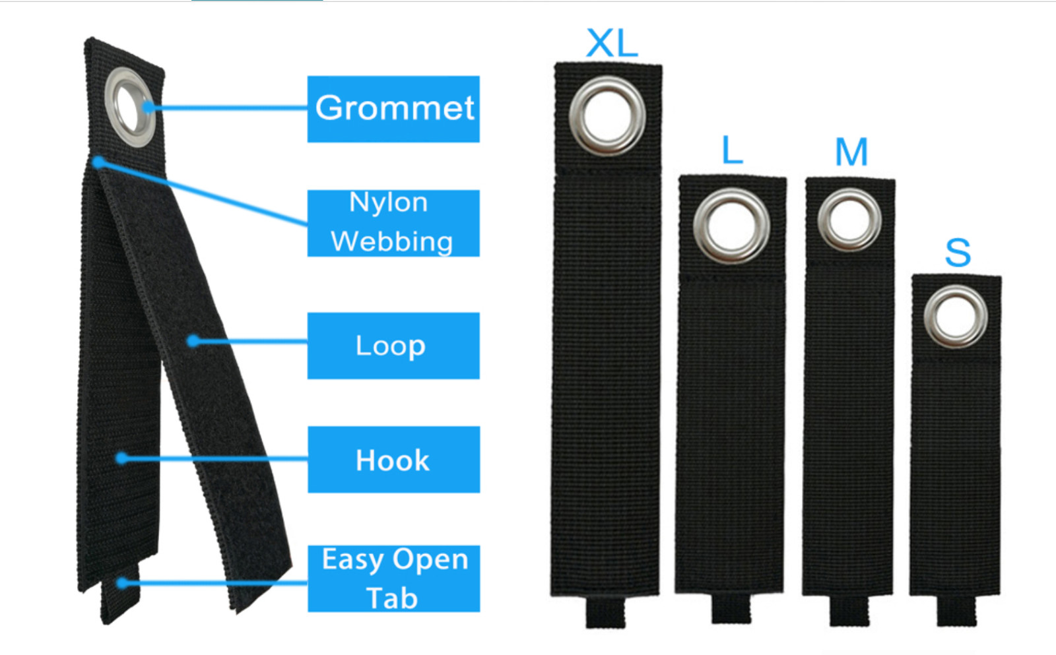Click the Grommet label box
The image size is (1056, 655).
click(x=393, y=109)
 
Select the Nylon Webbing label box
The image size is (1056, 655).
click(x=393, y=223)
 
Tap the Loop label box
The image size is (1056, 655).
click(x=393, y=346)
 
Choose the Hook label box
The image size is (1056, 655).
click(x=393, y=460)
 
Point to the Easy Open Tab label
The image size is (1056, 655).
click(x=393, y=578)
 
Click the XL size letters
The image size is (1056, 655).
click(x=612, y=44)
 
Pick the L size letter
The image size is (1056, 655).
click(x=732, y=150)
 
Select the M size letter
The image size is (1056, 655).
click(x=851, y=152)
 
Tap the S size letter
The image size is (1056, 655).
click(x=958, y=253)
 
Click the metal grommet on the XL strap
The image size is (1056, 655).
click(x=607, y=115)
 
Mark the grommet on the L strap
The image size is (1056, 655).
click(x=731, y=226)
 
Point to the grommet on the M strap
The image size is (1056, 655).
click(x=849, y=220)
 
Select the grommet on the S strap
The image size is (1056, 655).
click(x=955, y=317)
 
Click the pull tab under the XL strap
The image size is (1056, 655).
click(x=605, y=612)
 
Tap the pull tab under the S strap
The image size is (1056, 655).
click(x=956, y=610)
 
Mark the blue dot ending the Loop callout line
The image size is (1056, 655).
click(x=193, y=341)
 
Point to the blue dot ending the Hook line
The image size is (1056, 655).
click(x=121, y=458)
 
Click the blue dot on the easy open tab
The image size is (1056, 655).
click(x=122, y=582)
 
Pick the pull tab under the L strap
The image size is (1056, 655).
click(x=731, y=608)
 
